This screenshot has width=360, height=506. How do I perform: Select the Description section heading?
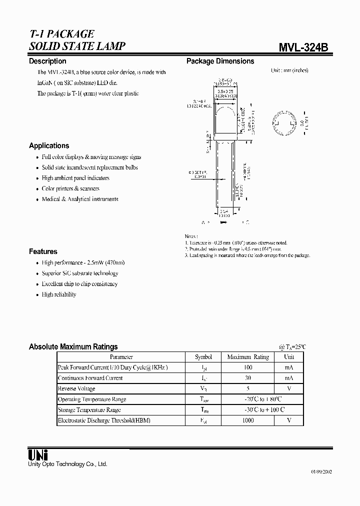pos(47,61)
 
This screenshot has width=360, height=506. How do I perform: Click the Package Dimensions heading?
pos(220,61)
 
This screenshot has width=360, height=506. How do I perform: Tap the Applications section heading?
pos(49,145)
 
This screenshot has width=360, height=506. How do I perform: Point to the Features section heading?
pos(43,251)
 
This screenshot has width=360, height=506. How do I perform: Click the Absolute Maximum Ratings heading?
pos(73,346)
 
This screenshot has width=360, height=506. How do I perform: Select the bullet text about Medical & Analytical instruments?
pos(80,199)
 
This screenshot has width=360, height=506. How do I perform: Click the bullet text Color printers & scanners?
pos(70,188)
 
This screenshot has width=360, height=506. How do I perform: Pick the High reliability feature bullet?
pos(59,294)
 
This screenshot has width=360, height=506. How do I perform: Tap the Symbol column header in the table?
pos(203,357)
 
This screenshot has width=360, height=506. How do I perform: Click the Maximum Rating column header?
pos(247,357)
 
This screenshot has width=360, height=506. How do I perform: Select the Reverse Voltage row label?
pos(76,388)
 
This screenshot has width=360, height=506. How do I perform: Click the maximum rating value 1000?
pos(247,420)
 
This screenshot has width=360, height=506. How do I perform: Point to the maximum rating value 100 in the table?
pos(247,367)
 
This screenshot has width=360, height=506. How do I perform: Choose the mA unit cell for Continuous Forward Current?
pos(289,378)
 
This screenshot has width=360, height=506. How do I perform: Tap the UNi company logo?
pos(37,455)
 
